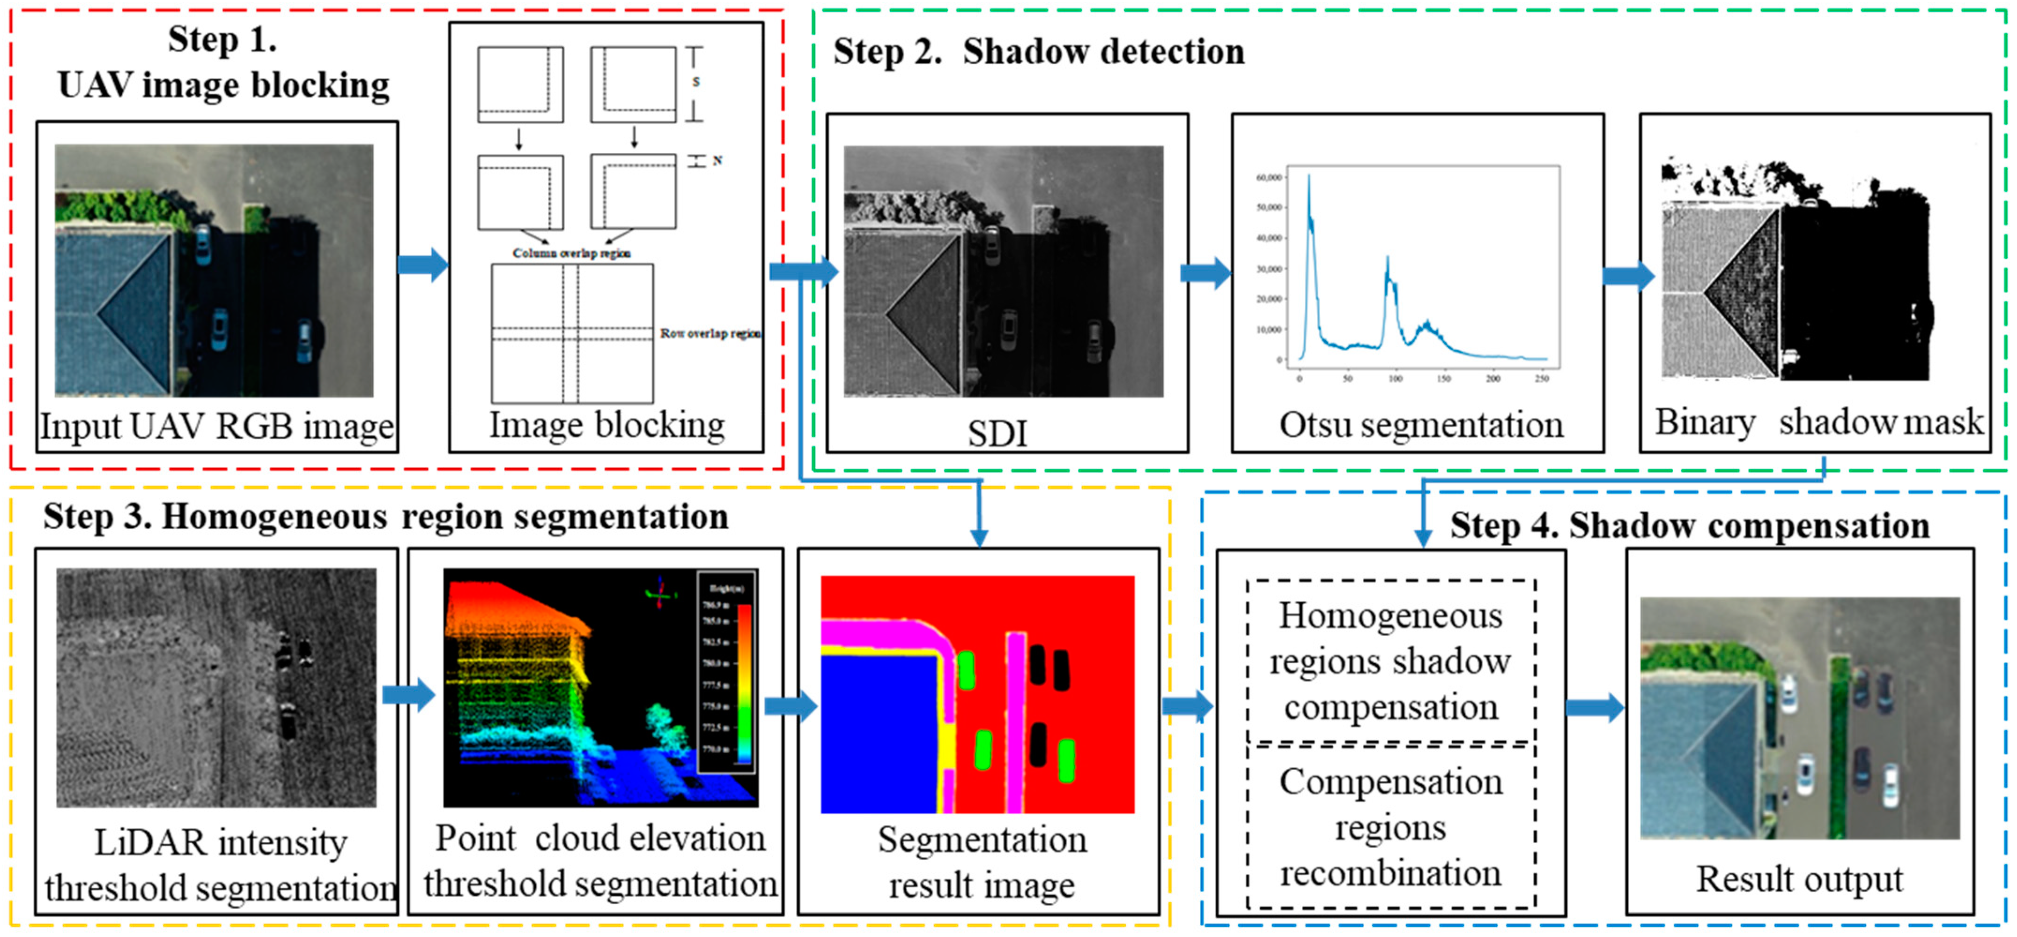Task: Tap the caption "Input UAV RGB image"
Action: (217, 427)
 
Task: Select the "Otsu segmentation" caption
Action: (1421, 426)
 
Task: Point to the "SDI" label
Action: (997, 433)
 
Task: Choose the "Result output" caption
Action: (1799, 879)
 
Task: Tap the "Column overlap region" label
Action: (572, 253)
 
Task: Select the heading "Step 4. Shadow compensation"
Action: (1690, 526)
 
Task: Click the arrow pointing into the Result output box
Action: (1595, 707)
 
